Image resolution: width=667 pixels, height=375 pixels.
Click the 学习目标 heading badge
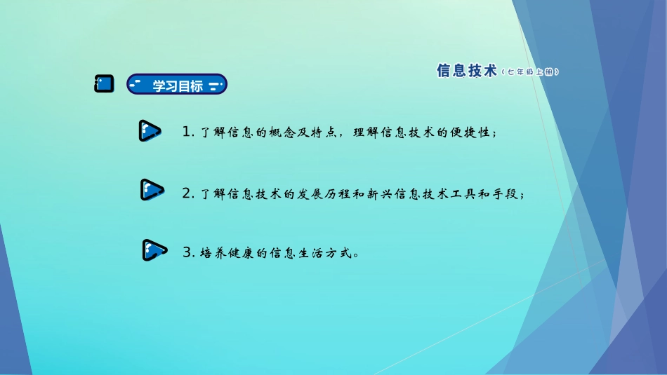coord(177,86)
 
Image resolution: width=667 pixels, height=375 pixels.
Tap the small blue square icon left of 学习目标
coord(104,84)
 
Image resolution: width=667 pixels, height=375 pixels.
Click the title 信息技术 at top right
coord(467,71)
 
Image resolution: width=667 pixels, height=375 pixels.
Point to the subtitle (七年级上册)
coord(532,71)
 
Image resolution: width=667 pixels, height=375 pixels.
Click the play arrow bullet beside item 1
coord(150,131)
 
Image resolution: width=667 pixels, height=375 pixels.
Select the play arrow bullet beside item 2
coord(152,190)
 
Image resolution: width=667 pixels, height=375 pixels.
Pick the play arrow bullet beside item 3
coord(154,250)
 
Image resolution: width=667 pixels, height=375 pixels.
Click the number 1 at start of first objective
coord(186,132)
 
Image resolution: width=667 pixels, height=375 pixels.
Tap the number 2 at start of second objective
coord(186,193)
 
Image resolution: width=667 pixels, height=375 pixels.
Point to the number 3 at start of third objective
coord(187,252)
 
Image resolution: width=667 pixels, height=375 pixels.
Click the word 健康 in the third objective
coord(243,253)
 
